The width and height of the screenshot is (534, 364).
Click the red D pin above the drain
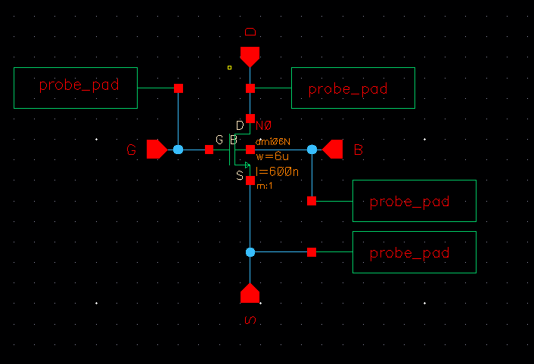point(250,56)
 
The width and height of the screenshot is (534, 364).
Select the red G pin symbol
point(157,150)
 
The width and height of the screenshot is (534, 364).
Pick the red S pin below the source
point(250,293)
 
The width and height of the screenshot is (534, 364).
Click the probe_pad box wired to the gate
point(76,87)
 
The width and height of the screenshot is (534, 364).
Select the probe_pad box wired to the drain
point(353,88)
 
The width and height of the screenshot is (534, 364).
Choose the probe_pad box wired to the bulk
point(414,201)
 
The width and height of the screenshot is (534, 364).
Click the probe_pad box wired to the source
point(414,252)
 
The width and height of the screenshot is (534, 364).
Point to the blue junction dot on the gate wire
point(178,150)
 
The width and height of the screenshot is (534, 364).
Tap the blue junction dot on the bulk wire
point(312,150)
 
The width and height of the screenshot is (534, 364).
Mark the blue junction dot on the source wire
point(250,252)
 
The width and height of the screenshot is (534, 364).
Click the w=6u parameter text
point(269,156)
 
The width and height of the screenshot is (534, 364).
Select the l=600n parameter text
point(278,171)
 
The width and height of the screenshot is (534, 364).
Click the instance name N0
point(263,125)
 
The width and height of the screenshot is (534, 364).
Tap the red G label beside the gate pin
point(132,151)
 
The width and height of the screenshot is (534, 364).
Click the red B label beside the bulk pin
point(359,150)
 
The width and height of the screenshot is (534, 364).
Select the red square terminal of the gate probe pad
point(179,88)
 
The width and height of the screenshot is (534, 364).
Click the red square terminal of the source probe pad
point(312,252)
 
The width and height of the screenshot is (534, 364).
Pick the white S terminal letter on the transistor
point(240,176)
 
